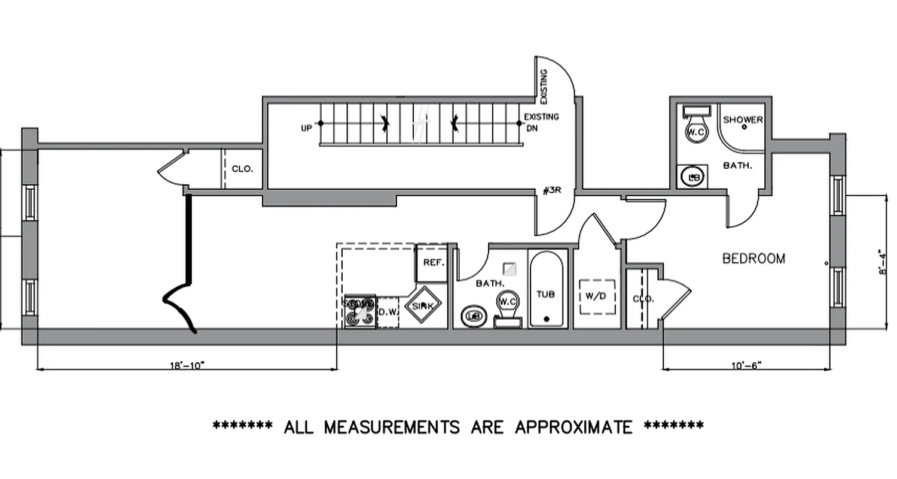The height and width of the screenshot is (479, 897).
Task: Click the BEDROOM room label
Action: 753,259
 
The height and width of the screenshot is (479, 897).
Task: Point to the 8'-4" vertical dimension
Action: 883,262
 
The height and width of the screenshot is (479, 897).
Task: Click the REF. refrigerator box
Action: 431,263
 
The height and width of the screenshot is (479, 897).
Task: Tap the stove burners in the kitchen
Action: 360,311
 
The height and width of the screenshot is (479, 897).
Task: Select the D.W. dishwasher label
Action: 388,312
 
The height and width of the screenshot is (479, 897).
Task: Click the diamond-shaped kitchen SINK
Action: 423,306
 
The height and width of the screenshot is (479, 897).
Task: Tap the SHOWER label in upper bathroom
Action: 743,120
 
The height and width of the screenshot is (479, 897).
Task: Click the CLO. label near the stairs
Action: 242,169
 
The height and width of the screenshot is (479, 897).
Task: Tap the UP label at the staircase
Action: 306,128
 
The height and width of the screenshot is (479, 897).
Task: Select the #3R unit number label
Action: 551,191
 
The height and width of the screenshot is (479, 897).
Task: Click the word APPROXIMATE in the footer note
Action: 573,427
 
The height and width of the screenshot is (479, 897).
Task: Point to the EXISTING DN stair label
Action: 541,122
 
